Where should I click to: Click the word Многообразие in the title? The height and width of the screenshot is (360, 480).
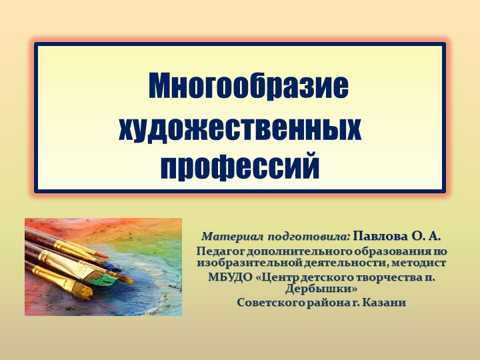[x=248, y=87]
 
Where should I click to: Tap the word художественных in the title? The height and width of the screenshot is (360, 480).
[x=240, y=127]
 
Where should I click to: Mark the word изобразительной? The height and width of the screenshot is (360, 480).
[x=241, y=263]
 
